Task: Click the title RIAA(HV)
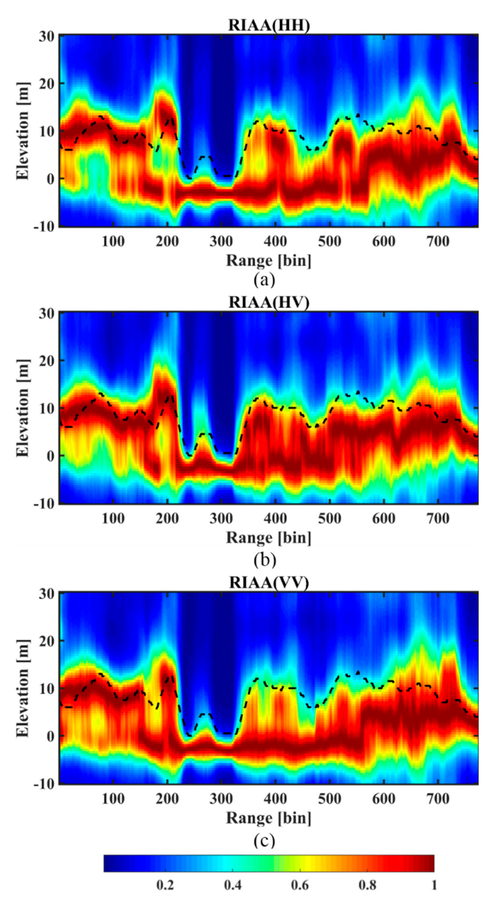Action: (269, 303)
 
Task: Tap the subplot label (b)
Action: (265, 560)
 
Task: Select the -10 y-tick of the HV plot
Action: (44, 504)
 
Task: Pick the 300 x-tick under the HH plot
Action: (221, 242)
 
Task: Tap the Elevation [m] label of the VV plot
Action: (22, 687)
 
